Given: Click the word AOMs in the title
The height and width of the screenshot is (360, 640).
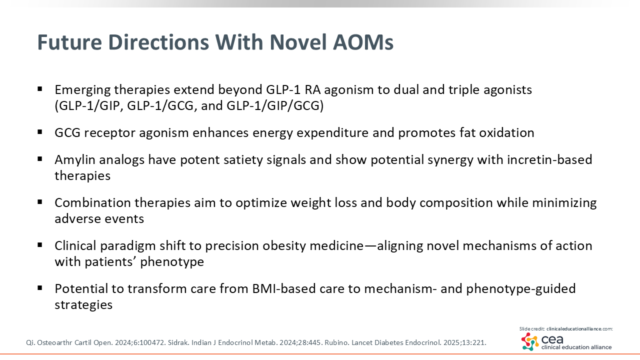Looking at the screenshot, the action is click(363, 42).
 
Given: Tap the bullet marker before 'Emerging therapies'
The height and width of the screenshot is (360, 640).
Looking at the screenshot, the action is click(39, 89).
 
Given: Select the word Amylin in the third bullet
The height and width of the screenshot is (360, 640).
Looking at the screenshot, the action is click(75, 160).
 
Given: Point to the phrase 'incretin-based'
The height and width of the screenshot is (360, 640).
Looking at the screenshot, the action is click(549, 159).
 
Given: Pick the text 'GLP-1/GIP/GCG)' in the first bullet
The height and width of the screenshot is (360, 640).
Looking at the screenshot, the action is click(275, 105).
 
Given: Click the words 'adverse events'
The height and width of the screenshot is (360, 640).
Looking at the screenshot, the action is click(99, 218).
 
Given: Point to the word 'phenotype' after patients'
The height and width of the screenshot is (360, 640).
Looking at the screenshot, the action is click(172, 262).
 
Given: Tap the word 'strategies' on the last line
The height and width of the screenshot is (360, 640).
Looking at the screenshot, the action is click(83, 305).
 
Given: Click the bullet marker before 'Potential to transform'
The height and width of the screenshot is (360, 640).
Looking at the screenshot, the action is click(39, 288).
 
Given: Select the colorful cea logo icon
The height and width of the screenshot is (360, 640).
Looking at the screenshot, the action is click(529, 341).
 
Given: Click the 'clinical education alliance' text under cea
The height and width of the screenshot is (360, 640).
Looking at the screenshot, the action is click(576, 347).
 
